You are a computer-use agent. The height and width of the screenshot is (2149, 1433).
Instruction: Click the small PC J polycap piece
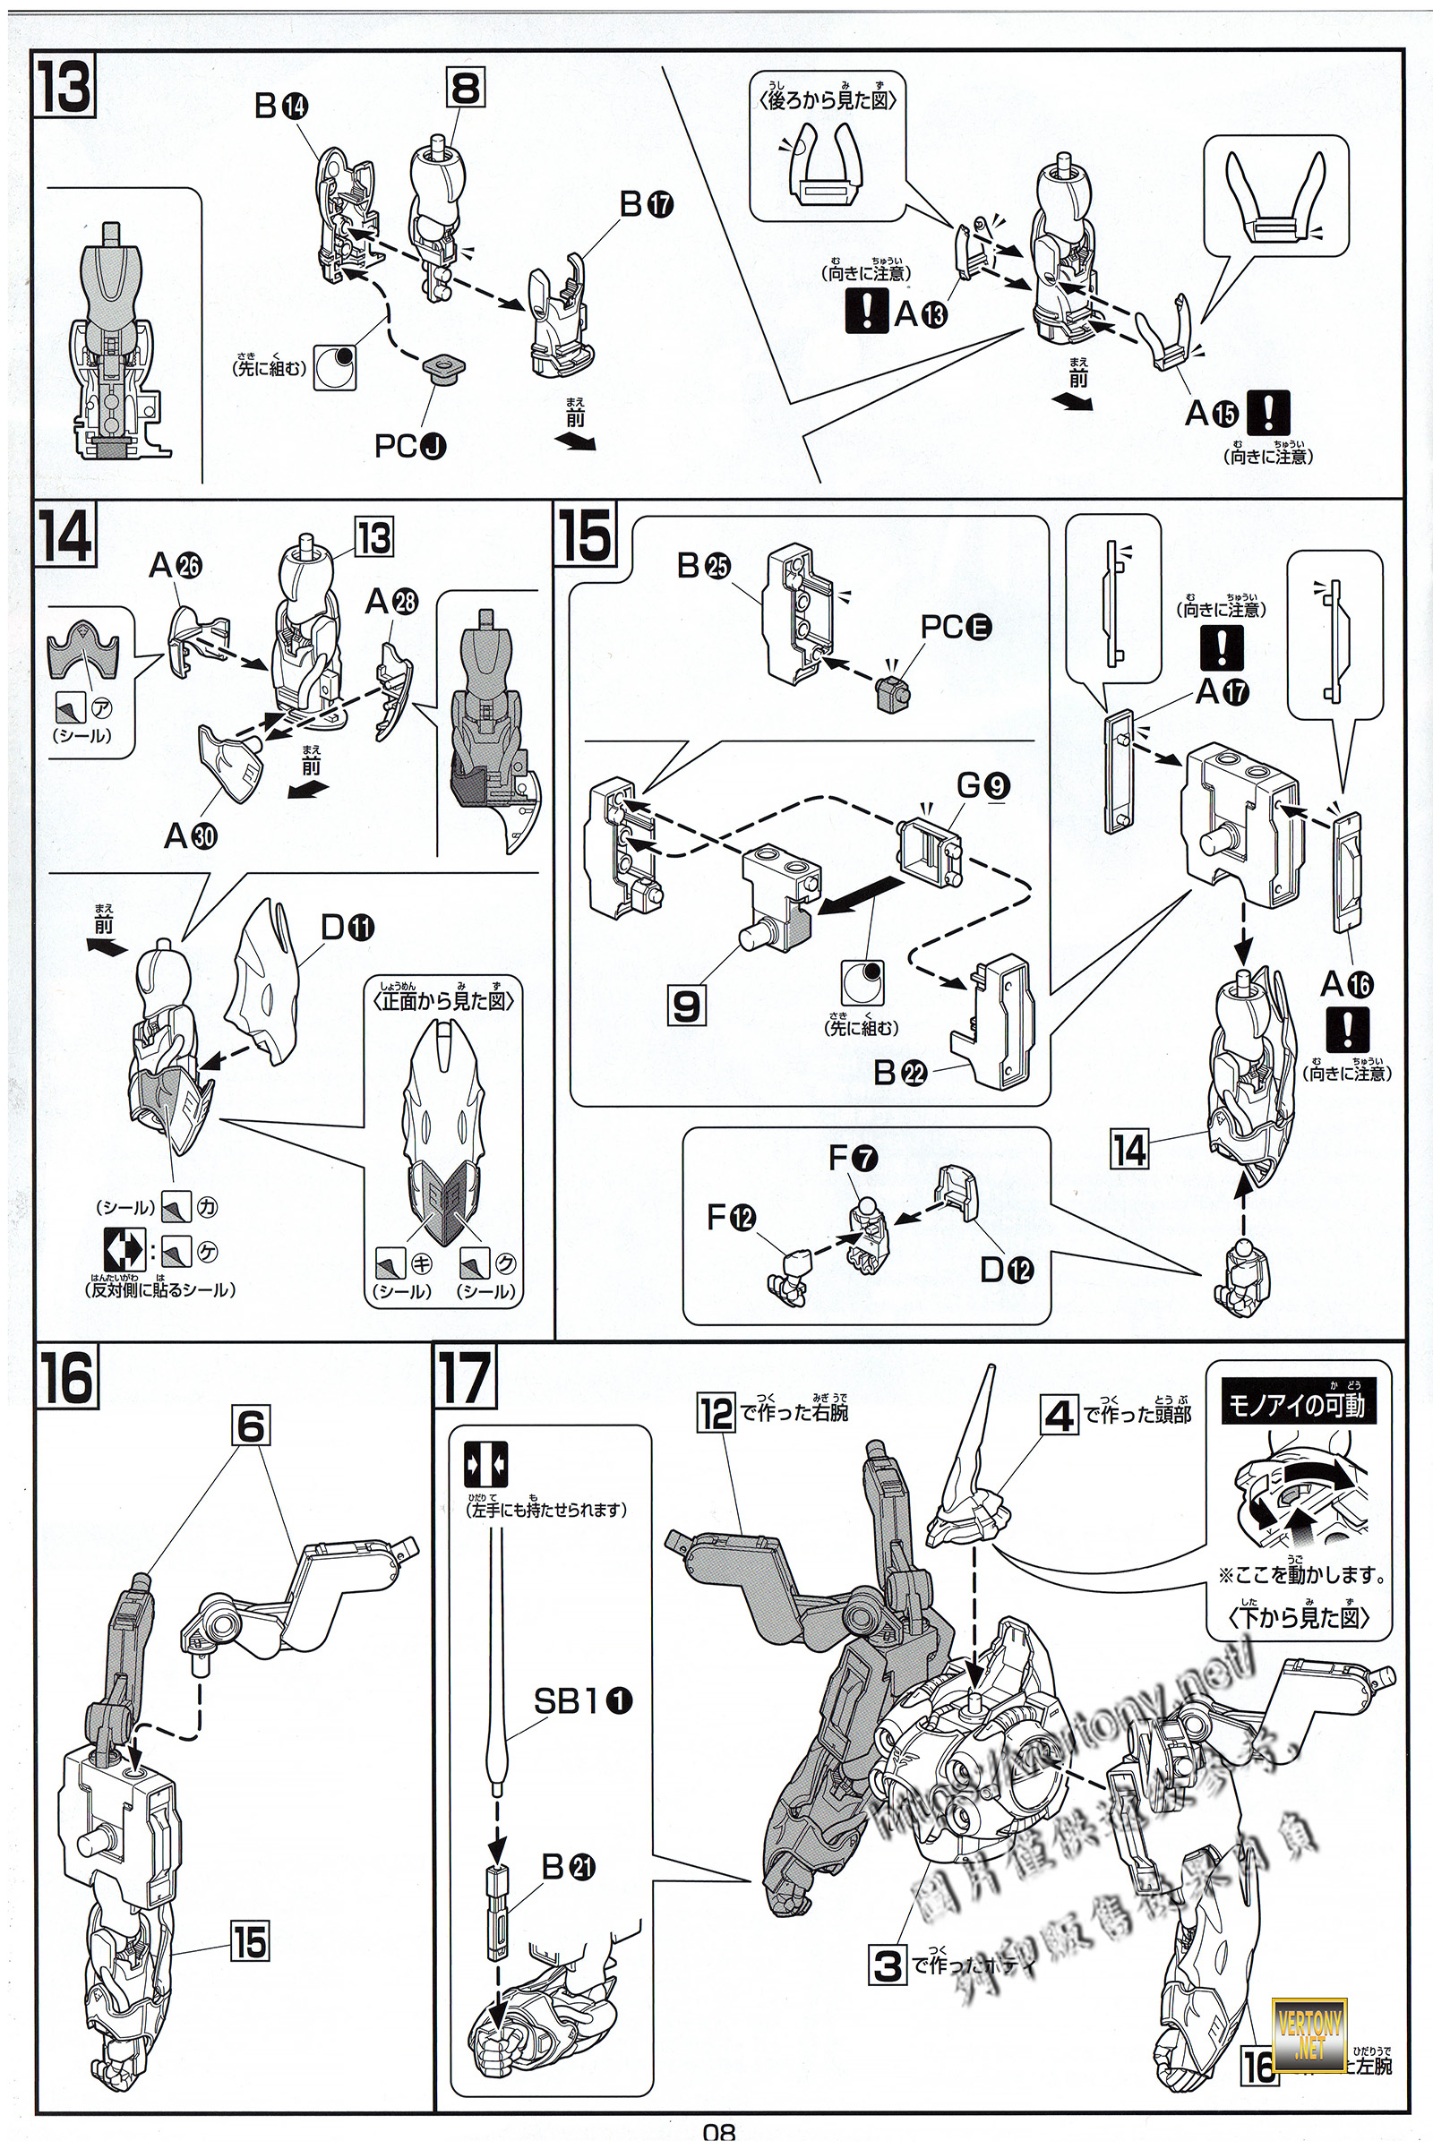coord(446,371)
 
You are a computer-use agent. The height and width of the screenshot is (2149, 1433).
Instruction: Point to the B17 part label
coord(645,206)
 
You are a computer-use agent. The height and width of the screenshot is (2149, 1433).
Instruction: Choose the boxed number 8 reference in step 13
coord(465,90)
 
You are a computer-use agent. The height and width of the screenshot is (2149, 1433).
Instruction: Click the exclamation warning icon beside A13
coord(867,312)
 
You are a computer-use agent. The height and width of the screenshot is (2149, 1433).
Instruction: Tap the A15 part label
coord(1212,414)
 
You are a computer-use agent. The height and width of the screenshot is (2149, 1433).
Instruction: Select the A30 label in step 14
coord(189,835)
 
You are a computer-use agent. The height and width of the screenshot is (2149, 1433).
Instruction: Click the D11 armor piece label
coord(348,929)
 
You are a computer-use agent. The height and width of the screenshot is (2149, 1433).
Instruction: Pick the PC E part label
coord(955,628)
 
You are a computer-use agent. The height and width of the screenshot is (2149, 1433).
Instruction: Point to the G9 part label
coord(983,785)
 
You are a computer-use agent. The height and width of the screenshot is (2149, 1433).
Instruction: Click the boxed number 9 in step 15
coord(686,1006)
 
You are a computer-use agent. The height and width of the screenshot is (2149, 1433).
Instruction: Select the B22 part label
coord(900,1072)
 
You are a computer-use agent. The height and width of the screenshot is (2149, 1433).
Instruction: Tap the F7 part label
coord(853,1159)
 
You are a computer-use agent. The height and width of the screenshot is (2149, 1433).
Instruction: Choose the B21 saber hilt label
coord(568,1870)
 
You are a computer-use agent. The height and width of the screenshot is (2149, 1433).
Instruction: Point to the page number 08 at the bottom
coord(719,2136)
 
